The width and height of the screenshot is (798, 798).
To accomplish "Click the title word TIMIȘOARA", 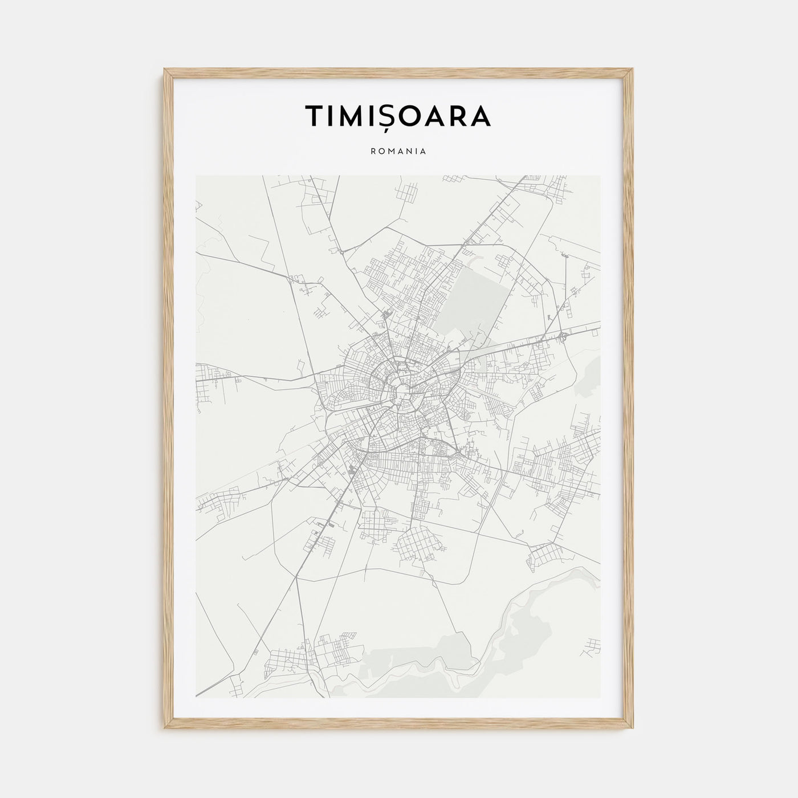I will pyautogui.click(x=398, y=116).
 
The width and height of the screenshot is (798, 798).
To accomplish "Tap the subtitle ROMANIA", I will pyautogui.click(x=398, y=152).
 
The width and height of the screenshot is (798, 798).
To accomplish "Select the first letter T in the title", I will pyautogui.click(x=314, y=116).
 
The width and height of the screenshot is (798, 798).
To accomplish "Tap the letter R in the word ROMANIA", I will pyautogui.click(x=373, y=152).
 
